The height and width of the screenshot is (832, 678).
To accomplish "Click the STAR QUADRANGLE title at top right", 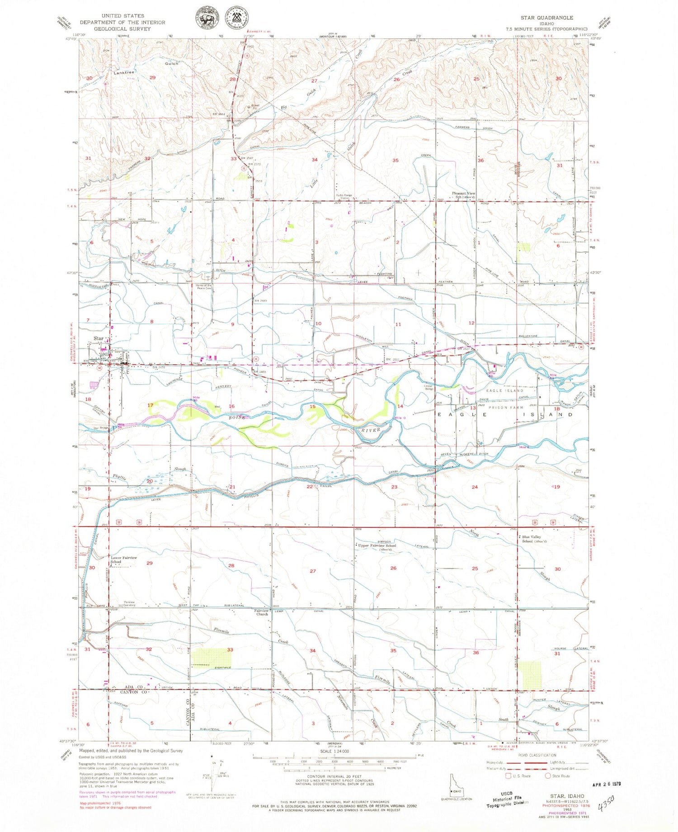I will [x=546, y=18].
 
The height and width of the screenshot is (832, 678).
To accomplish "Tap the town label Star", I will [x=98, y=338].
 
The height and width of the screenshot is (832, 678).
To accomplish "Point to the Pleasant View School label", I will [x=464, y=195].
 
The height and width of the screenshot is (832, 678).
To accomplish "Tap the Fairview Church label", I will [x=262, y=612].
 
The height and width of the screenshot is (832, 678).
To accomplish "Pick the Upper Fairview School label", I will [x=377, y=545].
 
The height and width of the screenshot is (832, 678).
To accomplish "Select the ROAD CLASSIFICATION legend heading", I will [x=537, y=755].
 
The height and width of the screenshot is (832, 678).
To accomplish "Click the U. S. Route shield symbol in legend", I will [x=508, y=776].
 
